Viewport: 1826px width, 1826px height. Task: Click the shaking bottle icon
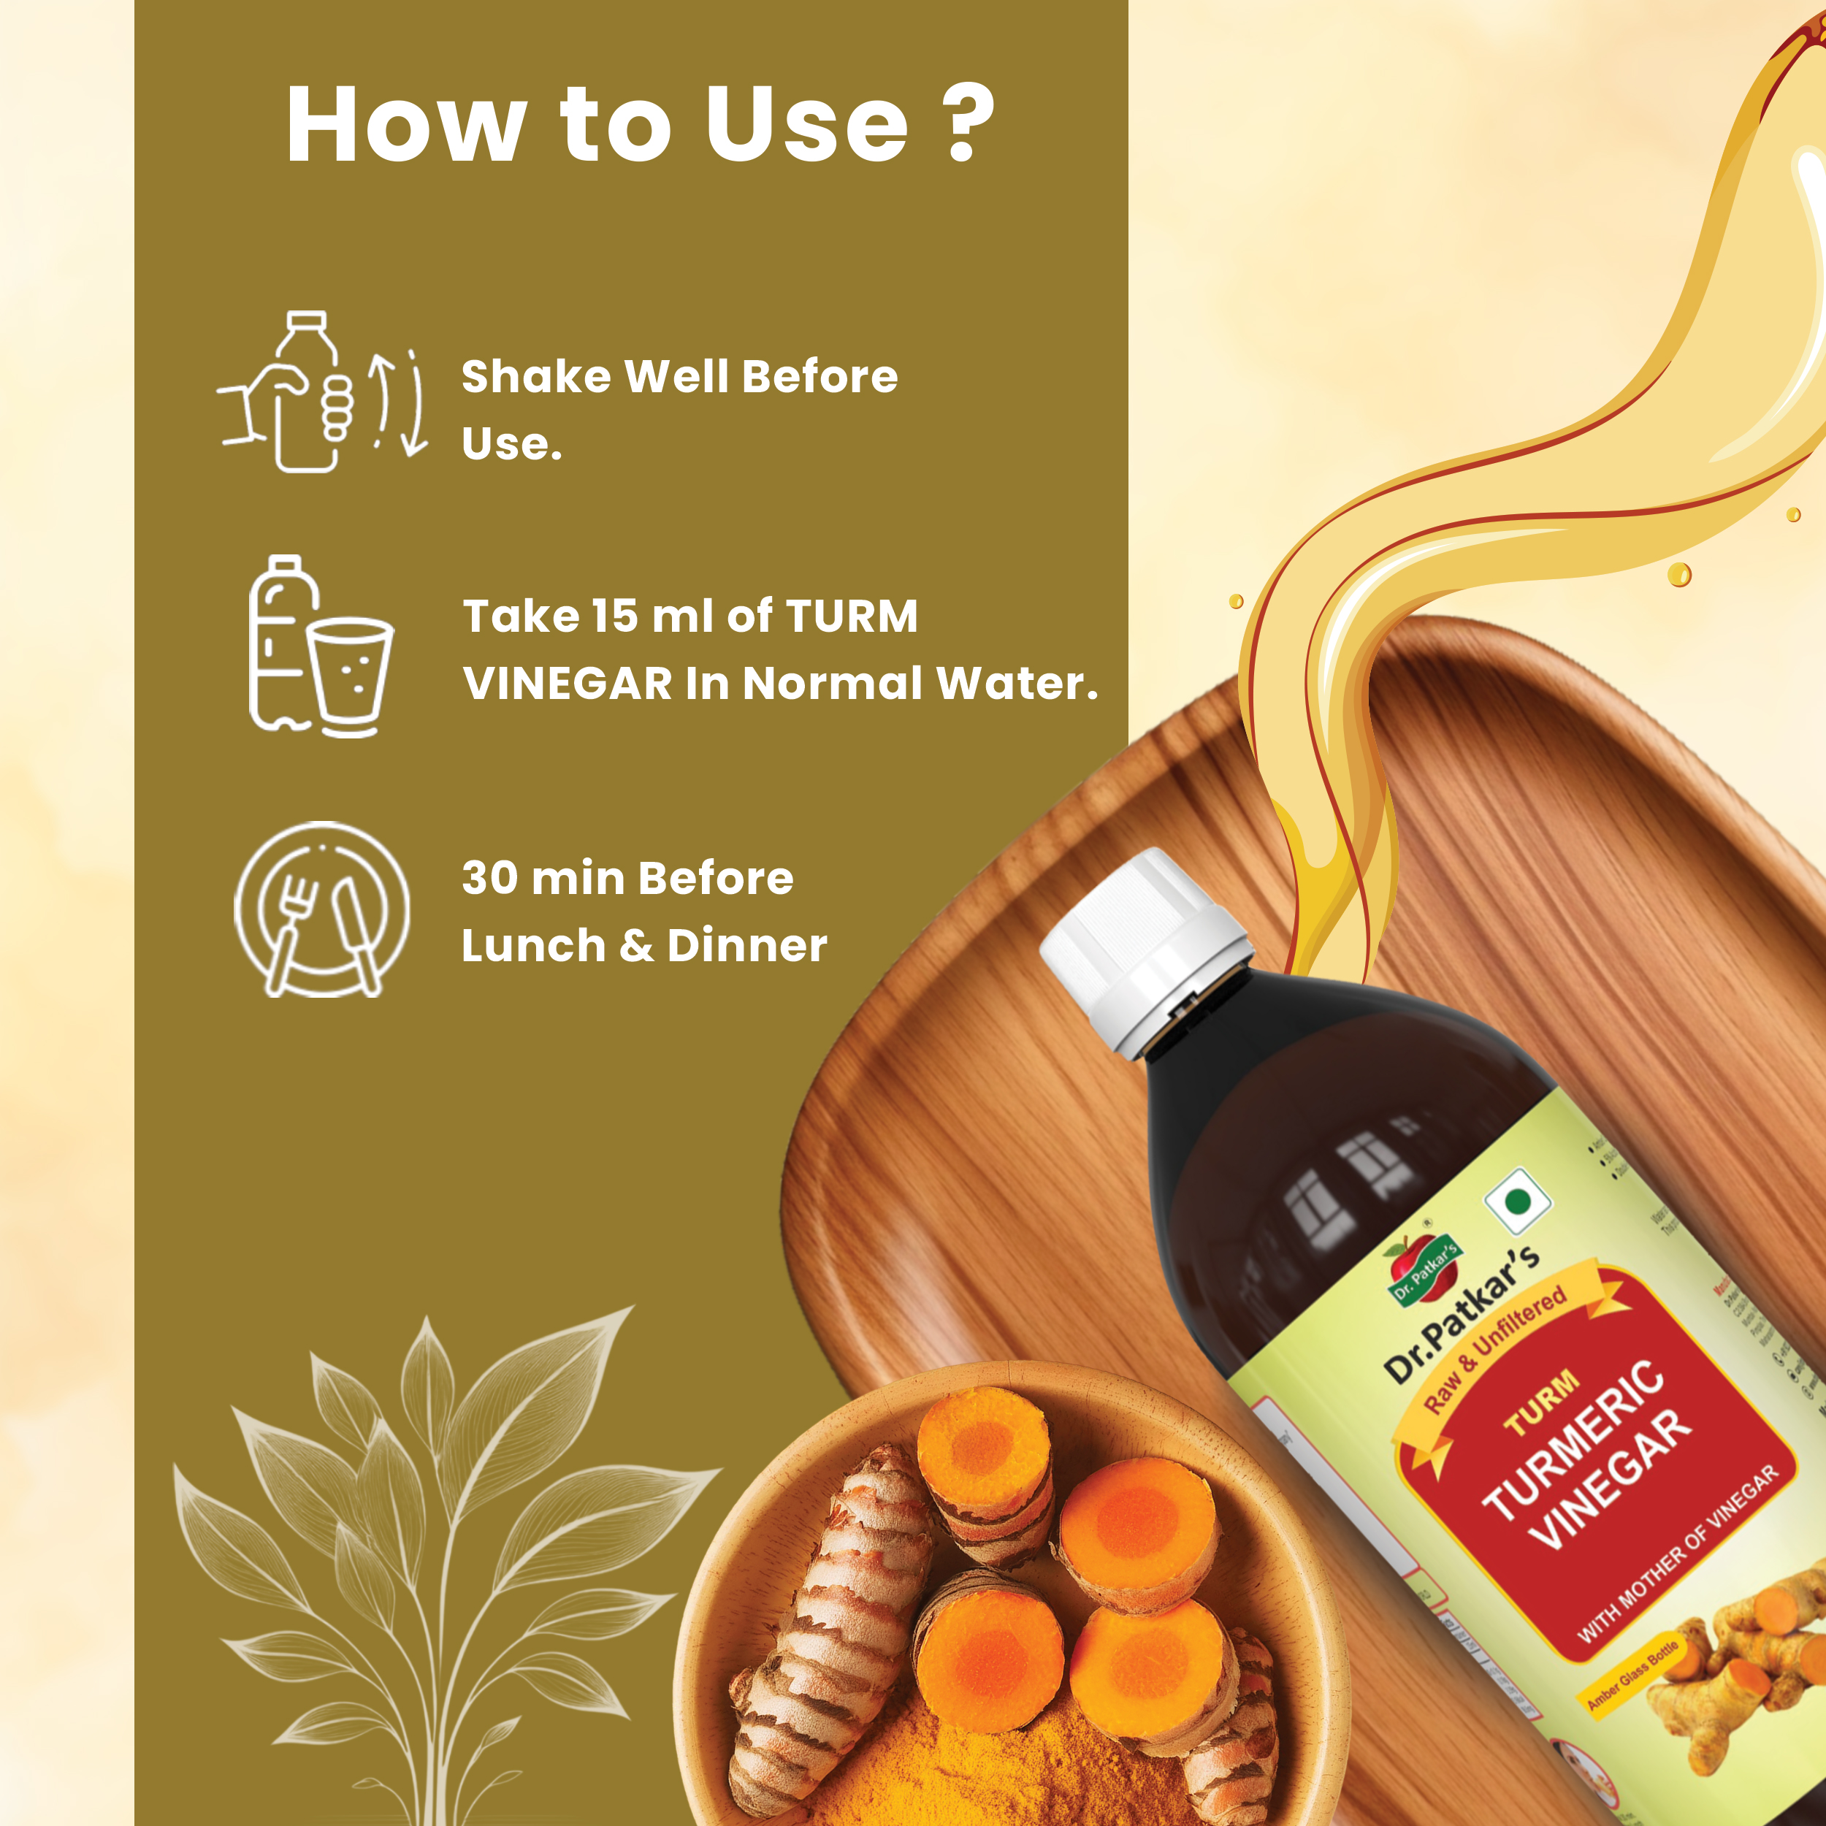click(321, 392)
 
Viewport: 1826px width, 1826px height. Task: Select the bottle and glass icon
click(319, 646)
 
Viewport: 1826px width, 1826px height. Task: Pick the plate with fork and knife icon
click(321, 909)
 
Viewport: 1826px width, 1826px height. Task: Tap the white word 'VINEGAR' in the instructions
click(567, 684)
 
